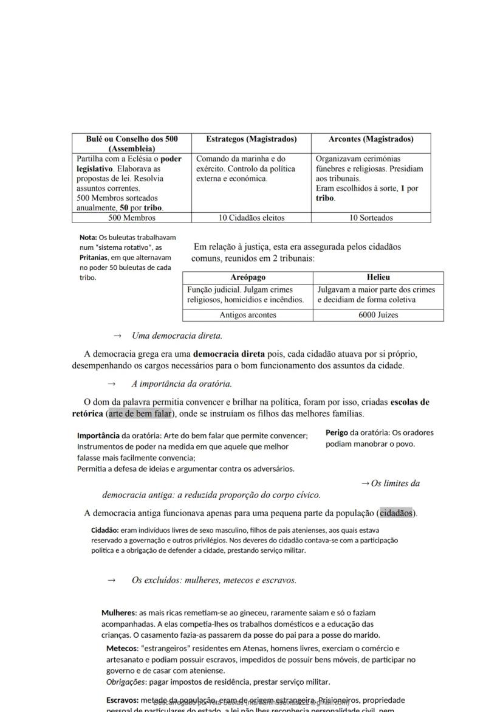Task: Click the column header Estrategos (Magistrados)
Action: click(251, 139)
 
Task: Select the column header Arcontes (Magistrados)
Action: click(371, 139)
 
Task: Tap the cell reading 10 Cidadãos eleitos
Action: click(251, 218)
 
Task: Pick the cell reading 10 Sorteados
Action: click(371, 218)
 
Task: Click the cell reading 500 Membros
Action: click(132, 218)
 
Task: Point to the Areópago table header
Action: click(248, 277)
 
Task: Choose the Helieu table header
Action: click(378, 277)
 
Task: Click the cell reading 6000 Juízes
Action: click(378, 315)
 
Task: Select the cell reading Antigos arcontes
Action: click(248, 315)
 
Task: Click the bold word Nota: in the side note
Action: click(88, 238)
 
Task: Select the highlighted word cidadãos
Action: click(396, 513)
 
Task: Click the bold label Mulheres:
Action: click(119, 613)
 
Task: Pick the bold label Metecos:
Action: click(122, 649)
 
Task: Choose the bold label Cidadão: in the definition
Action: click(104, 530)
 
